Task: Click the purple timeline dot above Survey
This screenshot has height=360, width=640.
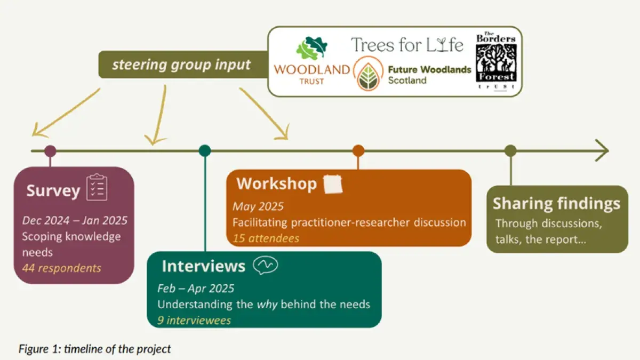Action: coord(50,151)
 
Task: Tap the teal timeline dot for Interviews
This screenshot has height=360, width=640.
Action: coord(205,151)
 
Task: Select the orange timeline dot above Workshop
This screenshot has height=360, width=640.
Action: coord(358,151)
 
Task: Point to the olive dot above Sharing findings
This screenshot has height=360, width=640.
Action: coord(510,151)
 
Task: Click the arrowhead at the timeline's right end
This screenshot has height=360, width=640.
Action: coord(602,151)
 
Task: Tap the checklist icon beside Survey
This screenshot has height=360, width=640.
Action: coord(97,187)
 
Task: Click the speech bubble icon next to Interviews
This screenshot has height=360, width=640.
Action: coord(265,265)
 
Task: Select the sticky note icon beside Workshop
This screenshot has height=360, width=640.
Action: coord(333,184)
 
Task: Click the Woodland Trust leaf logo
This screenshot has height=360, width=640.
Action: coord(309,48)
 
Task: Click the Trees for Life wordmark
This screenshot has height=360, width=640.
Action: coord(407,45)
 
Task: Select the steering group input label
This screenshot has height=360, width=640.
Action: coord(181,65)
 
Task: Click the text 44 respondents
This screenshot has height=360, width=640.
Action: coord(61,267)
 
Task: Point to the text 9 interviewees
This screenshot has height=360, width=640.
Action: coord(194,320)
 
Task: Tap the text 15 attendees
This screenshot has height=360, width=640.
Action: coord(266,238)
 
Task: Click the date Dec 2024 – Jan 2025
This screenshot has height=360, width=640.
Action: coord(75,220)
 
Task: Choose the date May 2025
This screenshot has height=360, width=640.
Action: coord(258,206)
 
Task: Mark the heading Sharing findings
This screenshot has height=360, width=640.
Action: coord(556,203)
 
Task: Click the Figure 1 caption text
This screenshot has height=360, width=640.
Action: coord(95,349)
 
